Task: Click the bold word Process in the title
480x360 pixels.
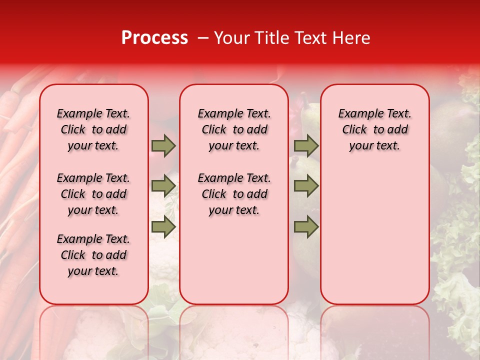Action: coord(154,37)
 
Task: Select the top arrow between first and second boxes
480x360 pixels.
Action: coord(163,145)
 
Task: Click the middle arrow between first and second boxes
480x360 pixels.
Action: coord(163,186)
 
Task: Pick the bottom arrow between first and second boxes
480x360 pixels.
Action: coord(163,227)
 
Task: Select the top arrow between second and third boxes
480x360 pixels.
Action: coord(306,145)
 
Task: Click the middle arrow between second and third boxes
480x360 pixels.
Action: coord(306,186)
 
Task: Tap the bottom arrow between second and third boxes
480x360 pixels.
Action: coord(306,227)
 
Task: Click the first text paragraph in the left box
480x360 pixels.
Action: coord(93,129)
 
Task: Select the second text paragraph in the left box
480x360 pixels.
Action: coord(93,194)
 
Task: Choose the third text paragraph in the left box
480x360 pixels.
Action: coord(93,255)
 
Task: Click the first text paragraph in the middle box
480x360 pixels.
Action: coord(234,129)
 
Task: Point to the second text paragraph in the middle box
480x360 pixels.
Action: coord(234,194)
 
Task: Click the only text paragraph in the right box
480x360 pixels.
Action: coord(374,129)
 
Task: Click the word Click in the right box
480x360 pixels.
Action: coord(354,129)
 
